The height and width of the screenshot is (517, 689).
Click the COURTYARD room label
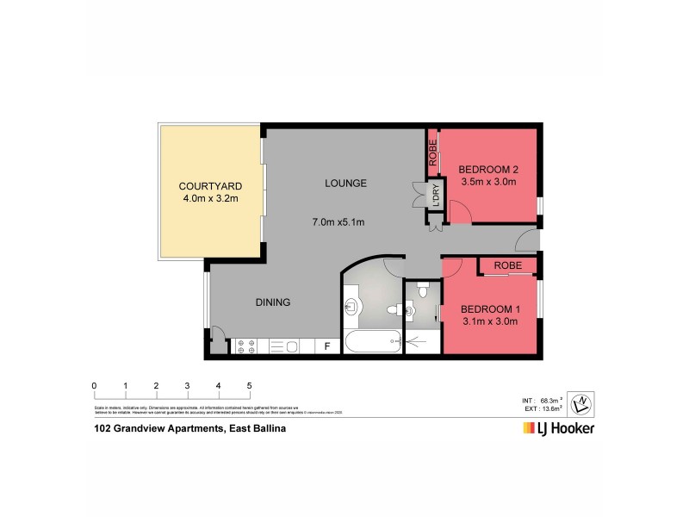pyautogui.click(x=209, y=186)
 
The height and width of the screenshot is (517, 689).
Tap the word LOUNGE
pyautogui.click(x=346, y=183)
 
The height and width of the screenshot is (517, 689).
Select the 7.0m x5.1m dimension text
pyautogui.click(x=338, y=222)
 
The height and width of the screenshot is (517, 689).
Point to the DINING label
pyautogui.click(x=272, y=302)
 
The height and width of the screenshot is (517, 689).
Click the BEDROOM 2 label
pyautogui.click(x=487, y=169)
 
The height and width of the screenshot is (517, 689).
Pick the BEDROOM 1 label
pyautogui.click(x=489, y=309)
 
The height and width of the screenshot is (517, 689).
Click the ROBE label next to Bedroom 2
pyautogui.click(x=432, y=153)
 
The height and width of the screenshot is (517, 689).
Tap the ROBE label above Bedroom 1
pyautogui.click(x=508, y=266)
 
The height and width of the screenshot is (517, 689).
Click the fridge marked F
pyautogui.click(x=327, y=347)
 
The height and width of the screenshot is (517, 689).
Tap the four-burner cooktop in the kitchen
pyautogui.click(x=245, y=346)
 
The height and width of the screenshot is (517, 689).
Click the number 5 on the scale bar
pyautogui.click(x=250, y=385)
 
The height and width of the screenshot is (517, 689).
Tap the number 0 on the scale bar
pyautogui.click(x=94, y=385)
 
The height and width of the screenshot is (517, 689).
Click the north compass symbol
pyautogui.click(x=583, y=401)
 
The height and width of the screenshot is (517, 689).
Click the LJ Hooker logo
pyautogui.click(x=558, y=427)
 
